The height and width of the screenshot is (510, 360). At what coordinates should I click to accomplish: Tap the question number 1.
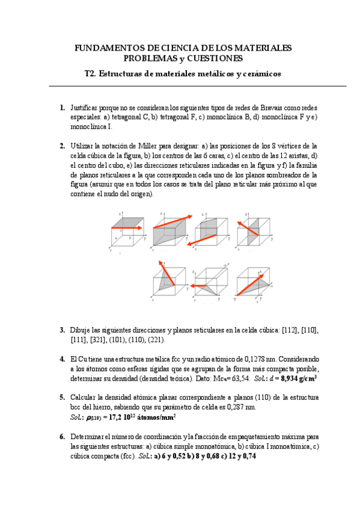pos(62,108)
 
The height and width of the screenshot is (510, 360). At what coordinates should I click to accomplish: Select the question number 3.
pos(62,330)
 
